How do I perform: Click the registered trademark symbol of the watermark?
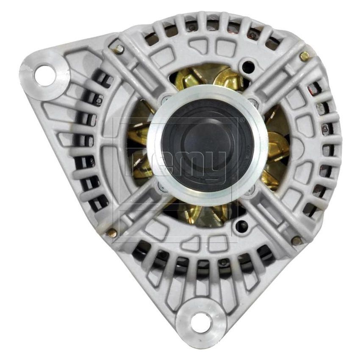pyautogui.click(x=242, y=121)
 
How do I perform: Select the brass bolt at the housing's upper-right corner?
pyautogui.click(x=304, y=55)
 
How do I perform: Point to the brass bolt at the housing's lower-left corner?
pyautogui.click(x=112, y=233)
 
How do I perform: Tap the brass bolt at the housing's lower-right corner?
pyautogui.click(x=296, y=241)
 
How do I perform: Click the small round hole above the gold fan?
pyautogui.click(x=245, y=66)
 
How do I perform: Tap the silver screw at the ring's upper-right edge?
pyautogui.click(x=252, y=102)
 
